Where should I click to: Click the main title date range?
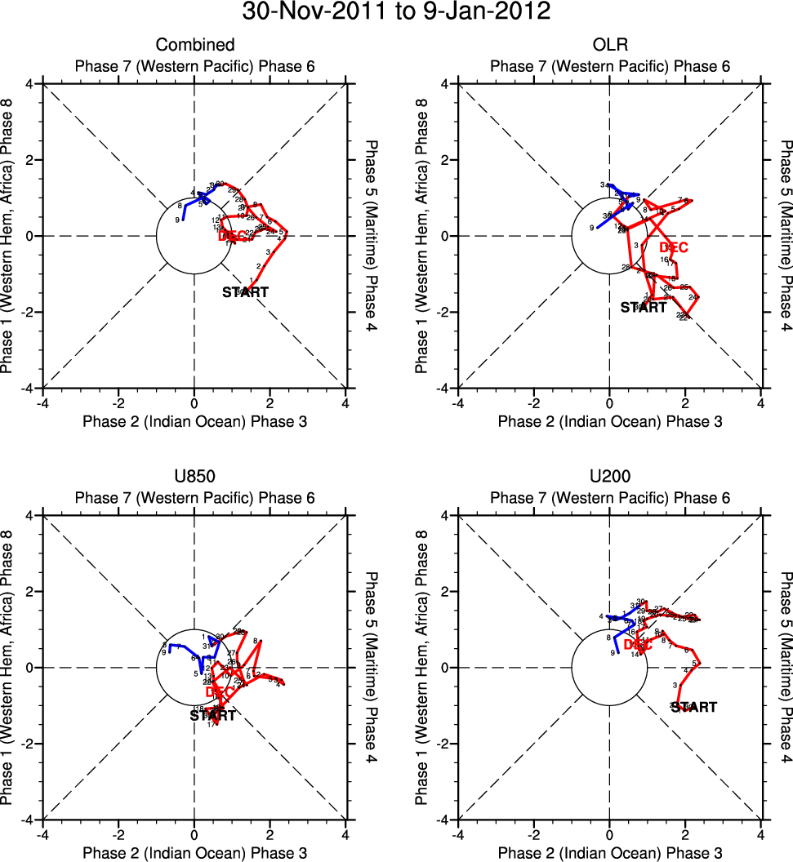pyautogui.click(x=396, y=12)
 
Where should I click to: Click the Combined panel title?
pyautogui.click(x=195, y=45)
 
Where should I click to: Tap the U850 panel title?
pyautogui.click(x=195, y=477)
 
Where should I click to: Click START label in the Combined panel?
pyautogui.click(x=245, y=292)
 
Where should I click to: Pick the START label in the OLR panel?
pyautogui.click(x=643, y=308)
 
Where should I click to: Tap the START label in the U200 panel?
pyautogui.click(x=693, y=707)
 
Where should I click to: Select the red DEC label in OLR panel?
pyautogui.click(x=674, y=247)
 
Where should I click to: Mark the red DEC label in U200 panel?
pyautogui.click(x=638, y=645)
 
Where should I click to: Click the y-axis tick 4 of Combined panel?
pyautogui.click(x=29, y=83)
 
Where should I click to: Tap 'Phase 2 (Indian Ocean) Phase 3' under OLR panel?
pyautogui.click(x=609, y=421)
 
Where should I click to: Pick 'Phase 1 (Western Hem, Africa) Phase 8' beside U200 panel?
pyautogui.click(x=422, y=668)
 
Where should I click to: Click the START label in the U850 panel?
pyautogui.click(x=212, y=716)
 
